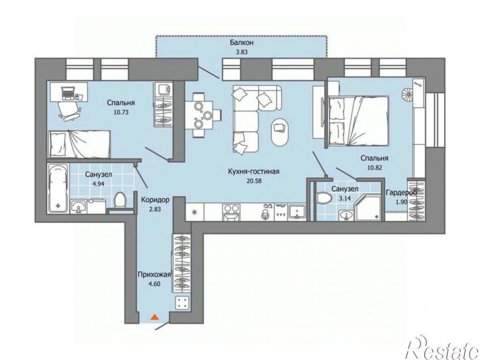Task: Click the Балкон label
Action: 242,42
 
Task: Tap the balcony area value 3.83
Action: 242,52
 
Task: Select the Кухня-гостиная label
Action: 254,171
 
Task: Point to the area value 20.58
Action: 254,181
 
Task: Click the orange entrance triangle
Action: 155,317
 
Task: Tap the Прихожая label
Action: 154,275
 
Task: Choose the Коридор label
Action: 155,200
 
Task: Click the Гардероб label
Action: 401,193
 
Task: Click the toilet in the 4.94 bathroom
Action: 120,201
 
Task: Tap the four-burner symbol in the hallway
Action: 182,303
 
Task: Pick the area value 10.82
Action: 374,167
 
